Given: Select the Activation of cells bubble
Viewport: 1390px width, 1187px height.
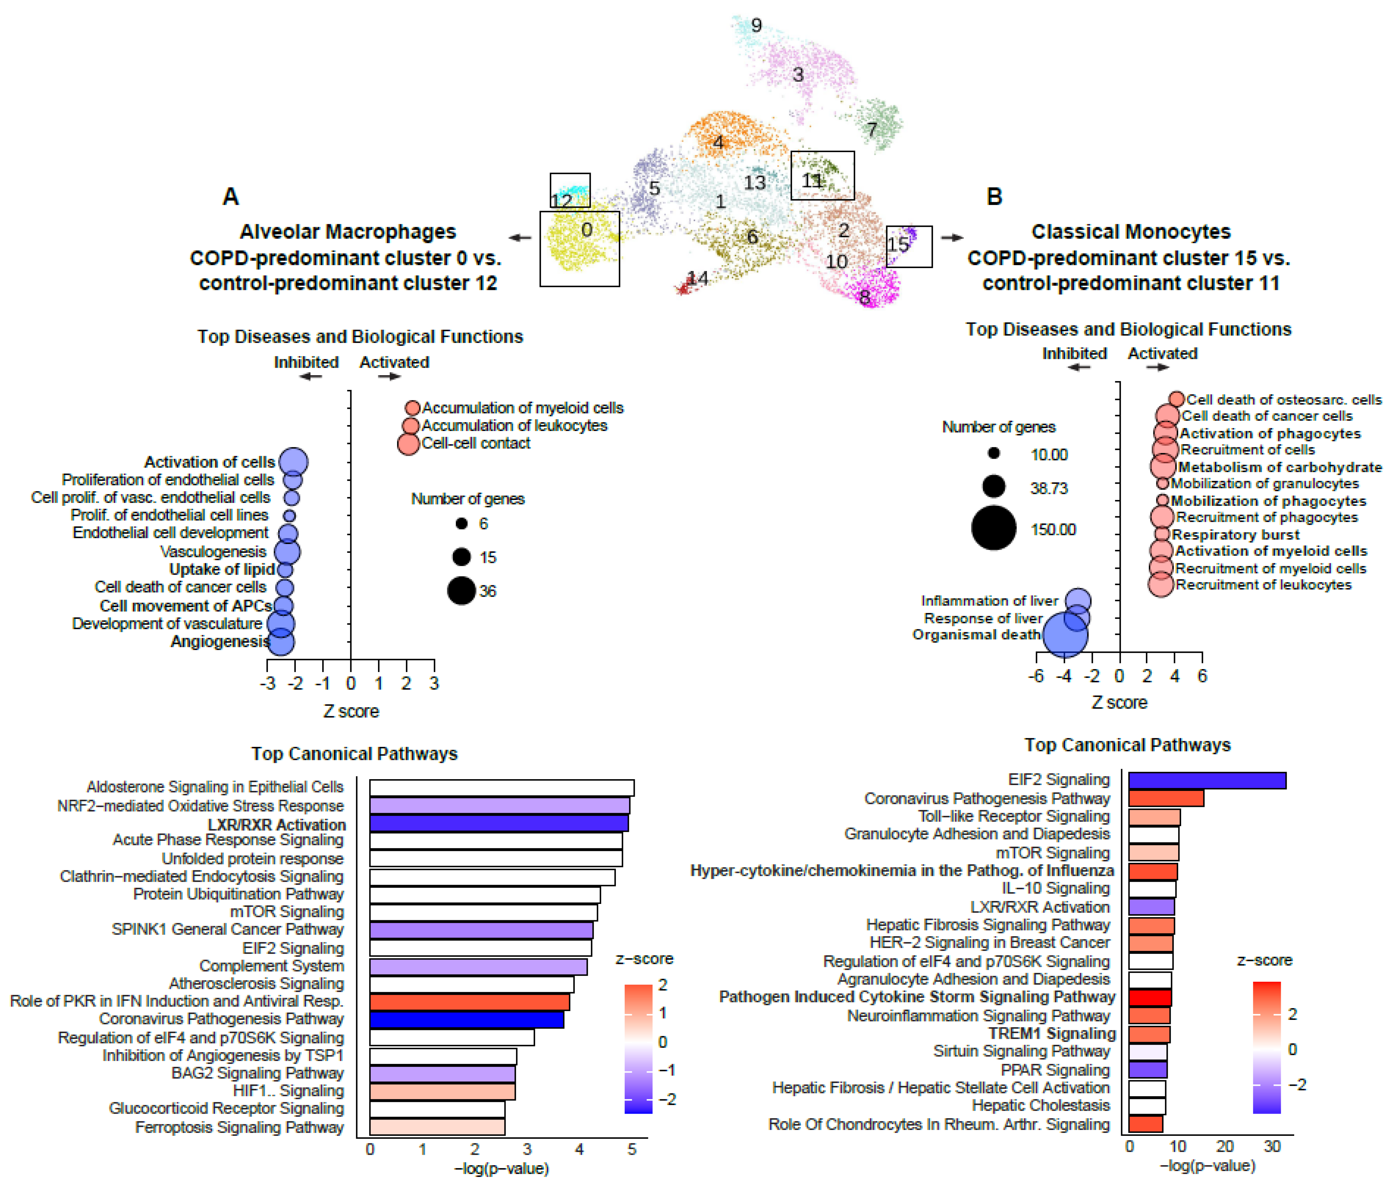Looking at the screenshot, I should (293, 462).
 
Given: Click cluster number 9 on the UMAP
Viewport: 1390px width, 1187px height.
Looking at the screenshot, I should (756, 25).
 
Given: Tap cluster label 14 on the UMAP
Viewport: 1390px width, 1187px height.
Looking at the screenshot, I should (698, 278).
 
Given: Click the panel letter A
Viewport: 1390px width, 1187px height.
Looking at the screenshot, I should (230, 196).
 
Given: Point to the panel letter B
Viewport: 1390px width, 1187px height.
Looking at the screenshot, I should (994, 196).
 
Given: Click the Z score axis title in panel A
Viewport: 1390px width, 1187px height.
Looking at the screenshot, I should (351, 711).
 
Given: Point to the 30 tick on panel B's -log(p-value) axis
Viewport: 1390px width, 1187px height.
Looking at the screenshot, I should (1272, 1146).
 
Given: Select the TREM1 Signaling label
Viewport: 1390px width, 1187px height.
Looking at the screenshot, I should (1051, 1034).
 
